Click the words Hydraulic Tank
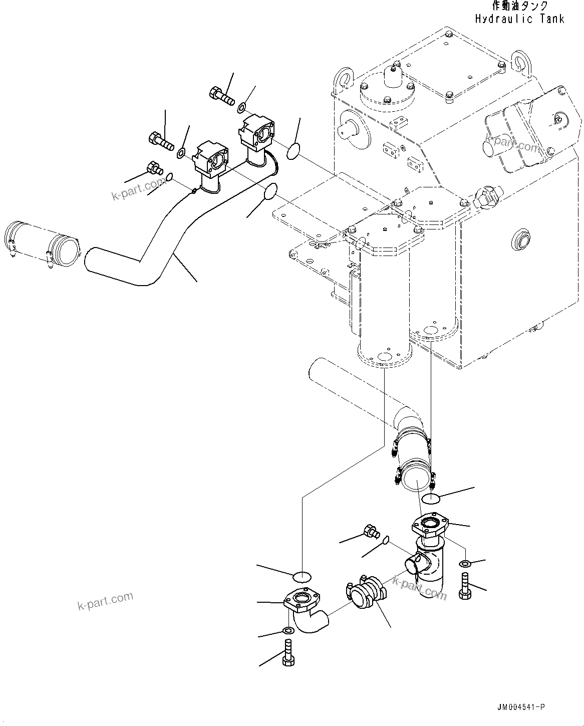pos(519,19)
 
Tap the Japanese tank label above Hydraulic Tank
pos(519,6)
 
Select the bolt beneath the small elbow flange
pos(288,653)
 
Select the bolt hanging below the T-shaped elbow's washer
pos(464,586)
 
